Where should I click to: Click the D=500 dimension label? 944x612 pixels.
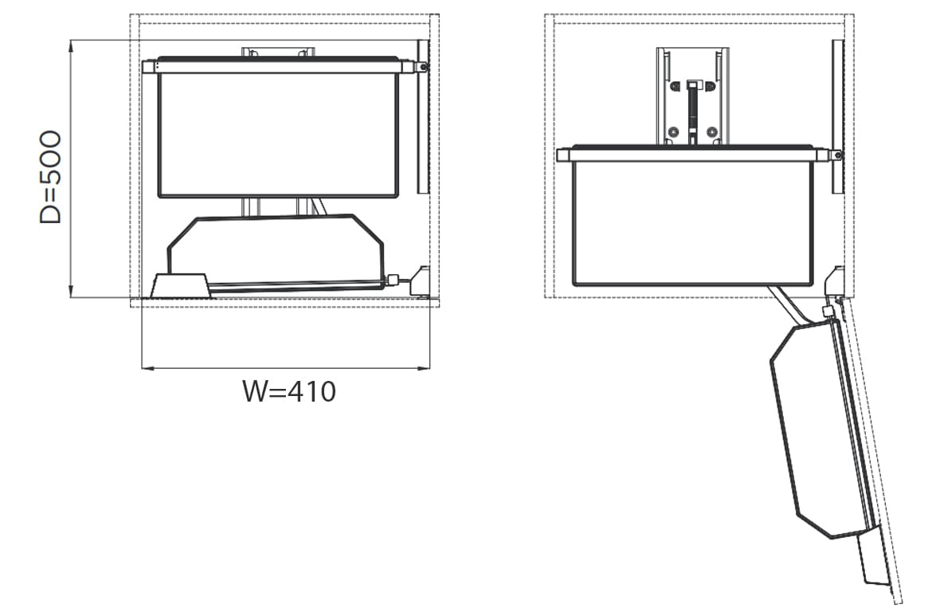pyautogui.click(x=50, y=177)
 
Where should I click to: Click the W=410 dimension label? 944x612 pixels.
pyautogui.click(x=289, y=391)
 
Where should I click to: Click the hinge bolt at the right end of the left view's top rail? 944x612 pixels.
pyautogui.click(x=423, y=67)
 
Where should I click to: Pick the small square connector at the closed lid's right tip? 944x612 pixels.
pyautogui.click(x=394, y=280)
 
